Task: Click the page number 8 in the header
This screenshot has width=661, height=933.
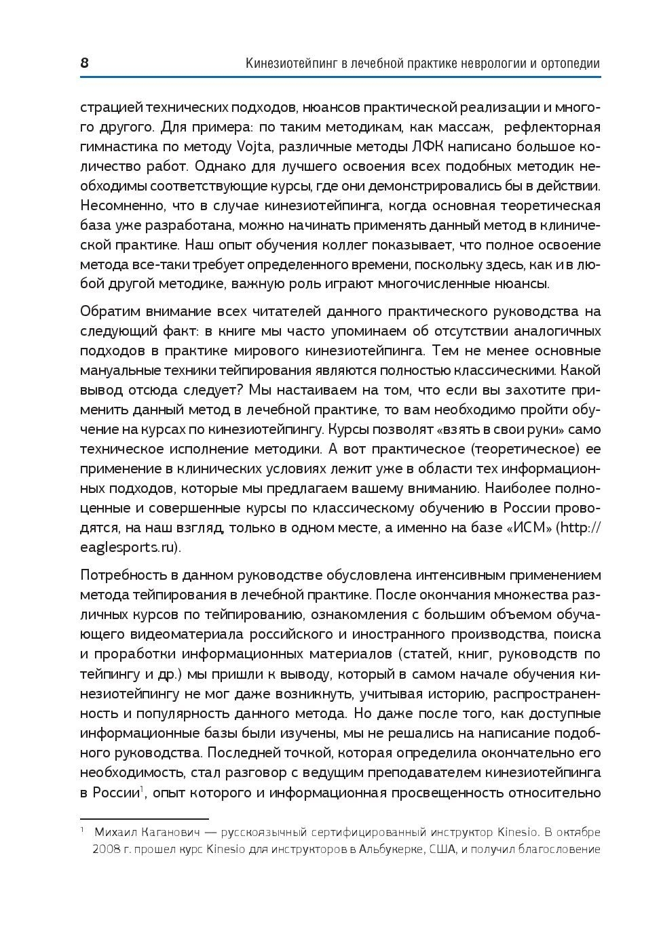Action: tap(85, 64)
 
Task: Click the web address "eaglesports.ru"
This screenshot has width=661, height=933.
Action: tap(129, 547)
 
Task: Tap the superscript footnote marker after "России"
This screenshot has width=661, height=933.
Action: tap(141, 789)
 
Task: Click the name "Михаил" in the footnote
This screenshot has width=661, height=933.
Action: tap(114, 832)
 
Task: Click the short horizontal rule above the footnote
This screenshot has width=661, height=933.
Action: tap(144, 819)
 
